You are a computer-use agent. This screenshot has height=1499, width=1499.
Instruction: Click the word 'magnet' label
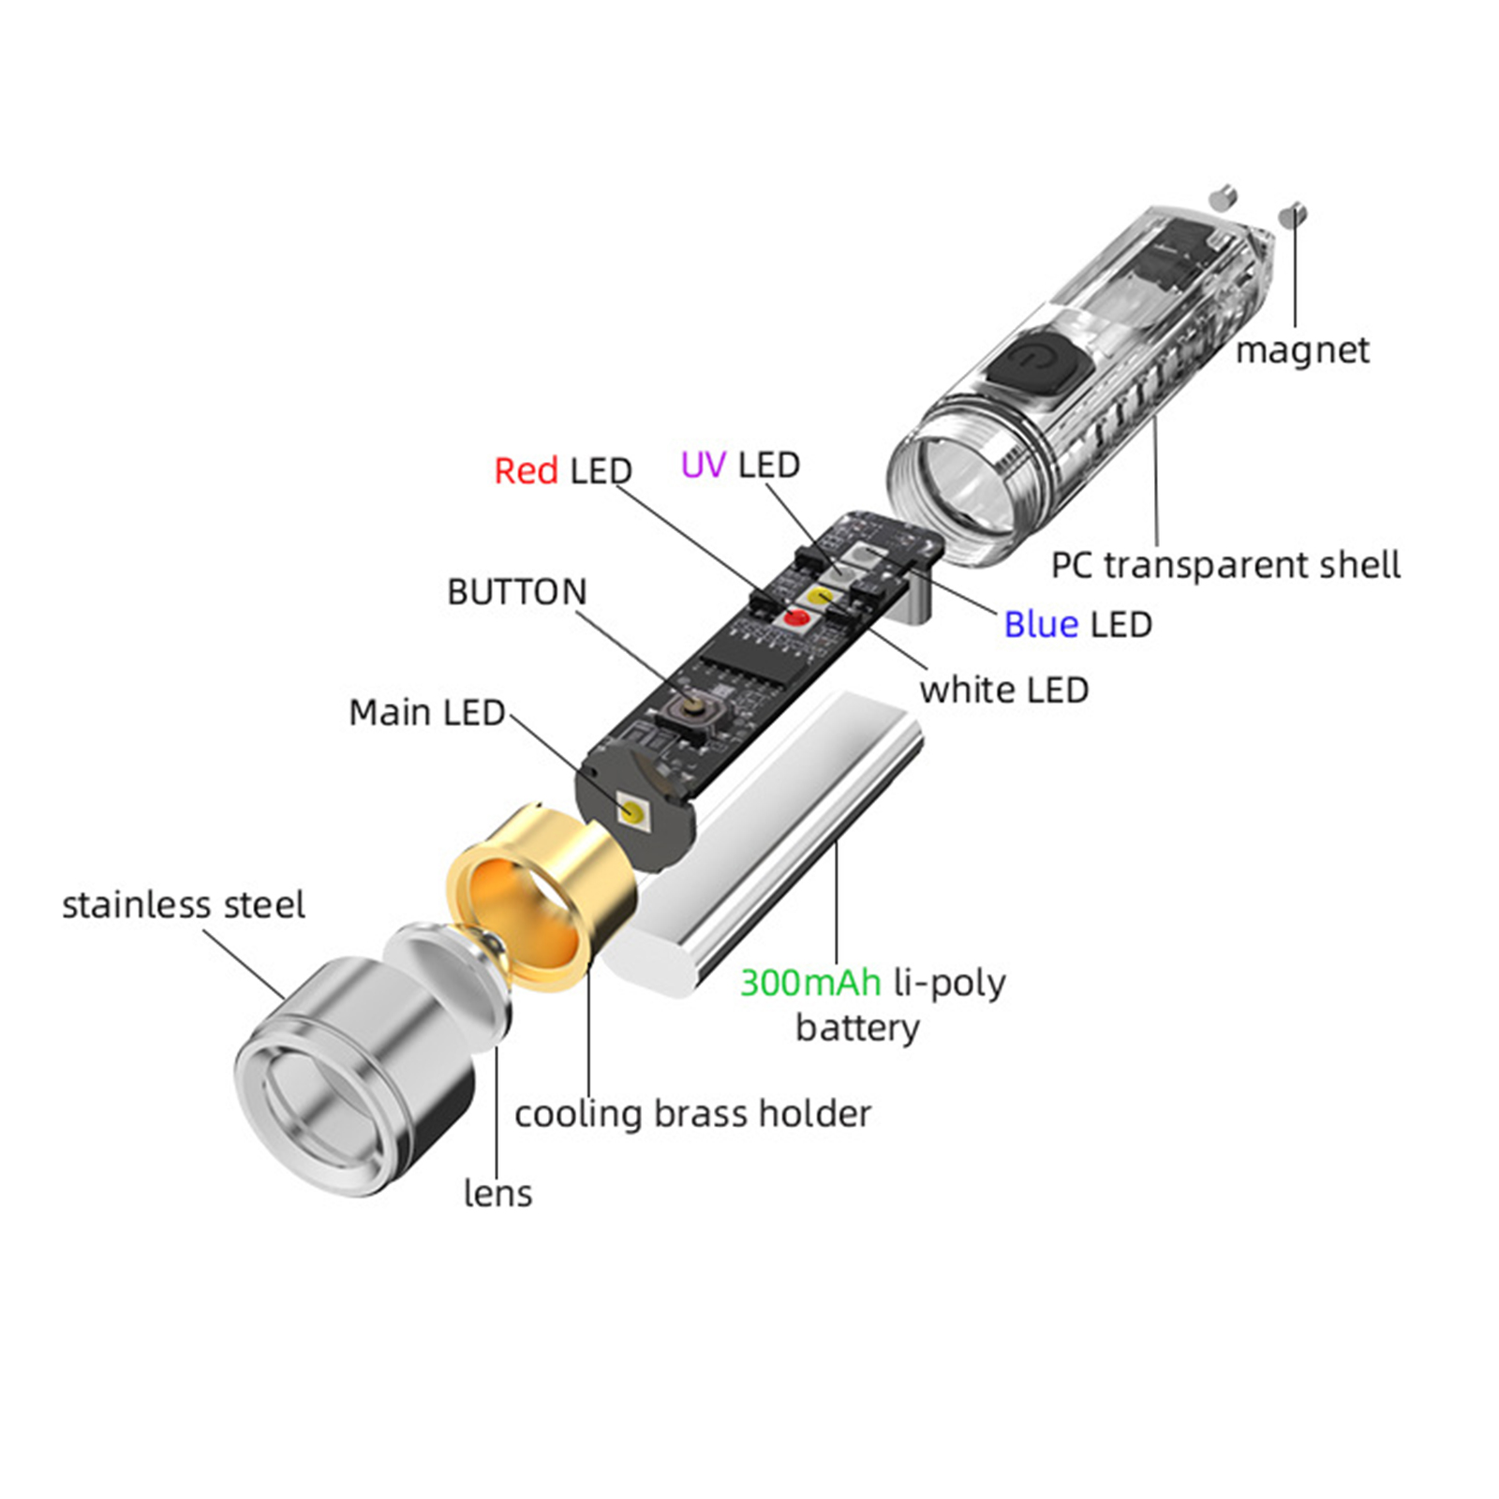(x=1301, y=350)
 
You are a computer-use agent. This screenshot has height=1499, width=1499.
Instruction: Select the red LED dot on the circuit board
(x=797, y=616)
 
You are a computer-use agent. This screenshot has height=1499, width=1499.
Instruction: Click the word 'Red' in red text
(x=526, y=470)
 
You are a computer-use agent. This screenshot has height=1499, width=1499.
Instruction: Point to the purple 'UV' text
(x=703, y=465)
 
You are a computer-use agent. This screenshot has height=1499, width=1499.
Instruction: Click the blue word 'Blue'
(x=1040, y=624)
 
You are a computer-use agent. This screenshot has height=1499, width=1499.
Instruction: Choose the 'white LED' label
(x=1003, y=690)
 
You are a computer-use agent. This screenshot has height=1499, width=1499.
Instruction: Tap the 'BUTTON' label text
(x=516, y=592)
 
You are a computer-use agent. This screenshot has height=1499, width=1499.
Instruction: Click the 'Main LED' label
(x=426, y=713)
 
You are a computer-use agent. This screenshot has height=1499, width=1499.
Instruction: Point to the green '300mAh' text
(x=809, y=983)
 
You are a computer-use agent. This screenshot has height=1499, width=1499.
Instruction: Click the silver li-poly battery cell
(x=768, y=843)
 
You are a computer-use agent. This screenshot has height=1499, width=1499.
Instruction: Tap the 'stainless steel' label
(x=183, y=905)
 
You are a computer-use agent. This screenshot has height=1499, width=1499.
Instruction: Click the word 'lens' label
(x=497, y=1194)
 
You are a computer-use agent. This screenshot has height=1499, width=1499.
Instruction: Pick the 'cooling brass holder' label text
(x=692, y=1114)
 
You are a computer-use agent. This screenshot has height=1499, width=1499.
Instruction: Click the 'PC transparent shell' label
(x=1224, y=565)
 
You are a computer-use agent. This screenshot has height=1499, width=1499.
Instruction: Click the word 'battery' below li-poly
(x=857, y=1028)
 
